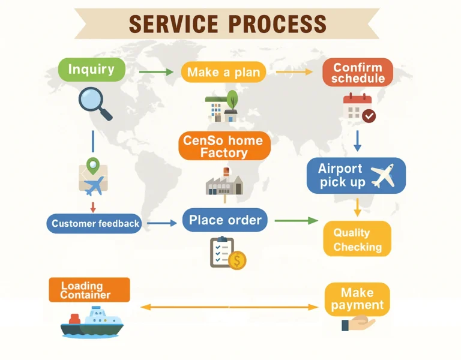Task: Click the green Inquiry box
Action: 91,70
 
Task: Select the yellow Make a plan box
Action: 223,73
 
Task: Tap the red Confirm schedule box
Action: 358,73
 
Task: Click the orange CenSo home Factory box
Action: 224,146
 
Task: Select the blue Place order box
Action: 225,220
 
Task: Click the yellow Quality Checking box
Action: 357,239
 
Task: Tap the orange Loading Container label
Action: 89,290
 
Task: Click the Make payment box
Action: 357,299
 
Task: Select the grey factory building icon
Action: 224,183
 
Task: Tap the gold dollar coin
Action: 237,260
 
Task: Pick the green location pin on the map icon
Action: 92,164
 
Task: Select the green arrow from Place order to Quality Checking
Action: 296,221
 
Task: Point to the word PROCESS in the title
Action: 278,24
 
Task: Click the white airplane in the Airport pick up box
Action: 382,175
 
